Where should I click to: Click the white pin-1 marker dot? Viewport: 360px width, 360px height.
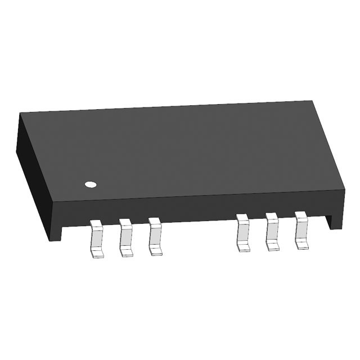click(x=90, y=184)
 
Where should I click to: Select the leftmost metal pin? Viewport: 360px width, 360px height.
click(x=97, y=239)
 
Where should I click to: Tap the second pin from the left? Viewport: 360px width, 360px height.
click(x=126, y=238)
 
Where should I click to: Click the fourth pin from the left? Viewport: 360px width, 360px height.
click(x=243, y=232)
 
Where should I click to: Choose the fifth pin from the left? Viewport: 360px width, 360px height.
click(x=272, y=231)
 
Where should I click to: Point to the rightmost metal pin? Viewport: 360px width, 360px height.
click(x=301, y=229)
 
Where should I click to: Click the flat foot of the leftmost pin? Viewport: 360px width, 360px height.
click(x=97, y=254)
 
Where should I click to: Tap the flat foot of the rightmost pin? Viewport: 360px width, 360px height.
click(x=302, y=244)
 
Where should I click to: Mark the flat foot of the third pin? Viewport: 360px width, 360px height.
click(x=156, y=251)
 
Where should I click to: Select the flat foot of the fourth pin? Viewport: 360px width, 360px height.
click(x=244, y=247)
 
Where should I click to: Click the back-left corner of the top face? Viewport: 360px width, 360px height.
click(x=21, y=113)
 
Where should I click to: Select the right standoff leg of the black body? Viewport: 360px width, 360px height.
click(x=336, y=217)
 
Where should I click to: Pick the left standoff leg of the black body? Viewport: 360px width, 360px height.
click(x=55, y=231)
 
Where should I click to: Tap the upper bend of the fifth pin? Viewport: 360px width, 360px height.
click(x=272, y=218)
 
